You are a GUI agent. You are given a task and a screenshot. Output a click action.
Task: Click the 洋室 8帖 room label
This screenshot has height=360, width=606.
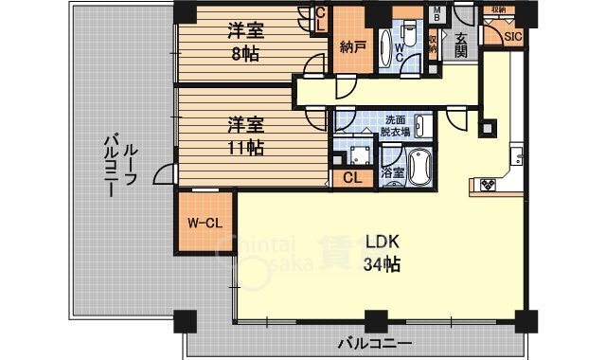point(244,42)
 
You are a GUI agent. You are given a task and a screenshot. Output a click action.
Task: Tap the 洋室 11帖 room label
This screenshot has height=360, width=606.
point(244,135)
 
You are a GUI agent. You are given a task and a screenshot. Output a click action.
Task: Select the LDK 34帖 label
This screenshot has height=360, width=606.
point(382,253)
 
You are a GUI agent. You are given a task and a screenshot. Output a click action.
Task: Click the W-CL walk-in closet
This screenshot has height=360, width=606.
point(205,224)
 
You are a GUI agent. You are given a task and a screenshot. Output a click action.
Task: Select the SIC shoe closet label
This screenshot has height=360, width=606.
point(512,37)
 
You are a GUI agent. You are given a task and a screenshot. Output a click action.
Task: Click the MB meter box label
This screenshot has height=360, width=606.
point(437,14)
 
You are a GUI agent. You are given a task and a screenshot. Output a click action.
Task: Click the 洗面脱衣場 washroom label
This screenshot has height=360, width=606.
point(395,126)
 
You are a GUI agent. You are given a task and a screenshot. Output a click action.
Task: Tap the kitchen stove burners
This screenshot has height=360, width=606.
point(489,186)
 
